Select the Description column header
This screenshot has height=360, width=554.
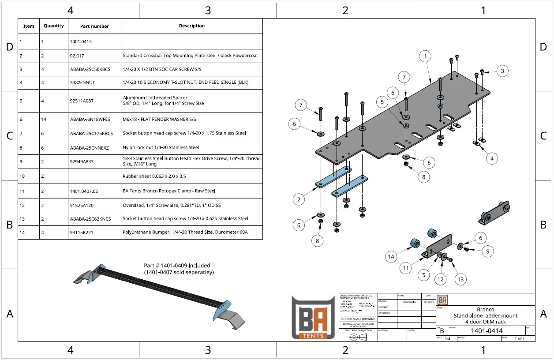[191, 26]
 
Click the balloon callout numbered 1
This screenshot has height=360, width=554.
[425, 56]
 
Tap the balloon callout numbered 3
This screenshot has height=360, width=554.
[502, 71]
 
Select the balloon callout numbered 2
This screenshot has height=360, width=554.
[299, 199]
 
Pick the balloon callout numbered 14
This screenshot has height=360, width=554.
[391, 256]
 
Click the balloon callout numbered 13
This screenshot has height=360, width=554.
[460, 279]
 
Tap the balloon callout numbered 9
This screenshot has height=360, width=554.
[487, 251]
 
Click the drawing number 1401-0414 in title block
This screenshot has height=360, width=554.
[487, 331]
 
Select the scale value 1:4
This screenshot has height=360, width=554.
[448, 339]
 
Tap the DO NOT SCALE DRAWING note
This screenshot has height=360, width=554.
[358, 319]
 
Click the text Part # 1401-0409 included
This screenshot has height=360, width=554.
[177, 266]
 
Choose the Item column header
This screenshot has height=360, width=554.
[29, 26]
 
